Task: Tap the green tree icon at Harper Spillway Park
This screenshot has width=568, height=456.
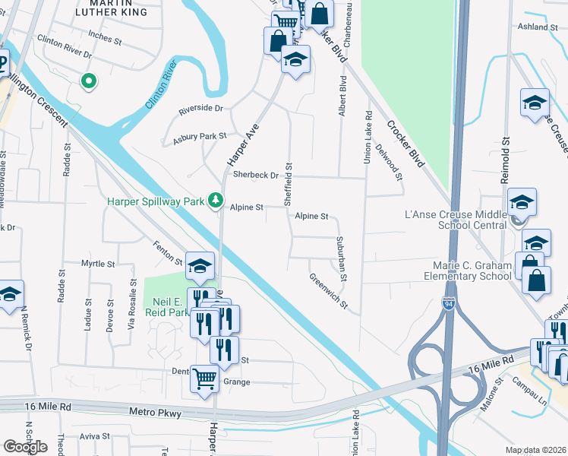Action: tap(216, 200)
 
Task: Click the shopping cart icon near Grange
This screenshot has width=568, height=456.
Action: tap(204, 378)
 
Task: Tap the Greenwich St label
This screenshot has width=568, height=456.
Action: tap(328, 293)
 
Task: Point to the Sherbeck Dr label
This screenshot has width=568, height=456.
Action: tap(256, 175)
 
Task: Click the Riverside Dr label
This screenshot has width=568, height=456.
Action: tap(200, 109)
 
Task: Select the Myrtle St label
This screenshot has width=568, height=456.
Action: tap(97, 264)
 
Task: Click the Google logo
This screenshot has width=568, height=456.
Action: tap(26, 446)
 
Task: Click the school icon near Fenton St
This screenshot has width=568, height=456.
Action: tap(200, 265)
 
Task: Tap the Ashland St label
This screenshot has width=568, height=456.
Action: tap(538, 27)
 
